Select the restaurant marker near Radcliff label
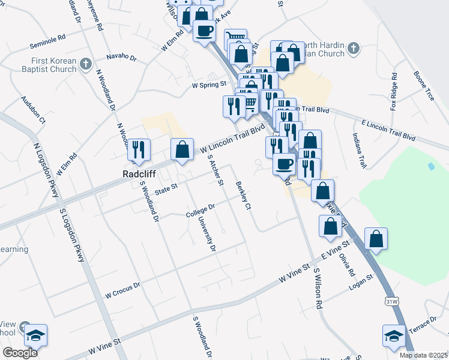139,150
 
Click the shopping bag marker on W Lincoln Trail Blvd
182,149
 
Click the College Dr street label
200,211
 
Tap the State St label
166,190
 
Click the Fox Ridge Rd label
394,92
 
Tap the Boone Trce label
423,86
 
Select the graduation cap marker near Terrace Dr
394,337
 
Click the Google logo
20,352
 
